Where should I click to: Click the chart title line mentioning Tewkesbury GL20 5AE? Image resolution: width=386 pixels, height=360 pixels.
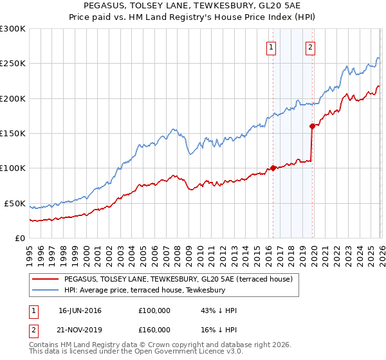(x=192, y=6)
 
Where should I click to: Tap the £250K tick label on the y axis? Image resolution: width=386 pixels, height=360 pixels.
(x=13, y=64)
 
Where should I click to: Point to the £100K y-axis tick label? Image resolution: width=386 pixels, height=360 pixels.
(x=13, y=168)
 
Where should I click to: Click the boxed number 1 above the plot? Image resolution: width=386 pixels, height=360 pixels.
(x=271, y=47)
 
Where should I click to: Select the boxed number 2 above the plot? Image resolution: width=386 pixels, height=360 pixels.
(x=310, y=47)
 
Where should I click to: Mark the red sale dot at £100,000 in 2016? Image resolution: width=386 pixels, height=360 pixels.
(x=273, y=168)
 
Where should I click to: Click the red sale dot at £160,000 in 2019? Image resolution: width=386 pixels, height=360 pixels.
(x=312, y=126)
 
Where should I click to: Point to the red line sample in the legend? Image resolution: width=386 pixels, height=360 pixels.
(x=46, y=280)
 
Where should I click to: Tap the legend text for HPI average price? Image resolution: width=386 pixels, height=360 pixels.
(x=144, y=291)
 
